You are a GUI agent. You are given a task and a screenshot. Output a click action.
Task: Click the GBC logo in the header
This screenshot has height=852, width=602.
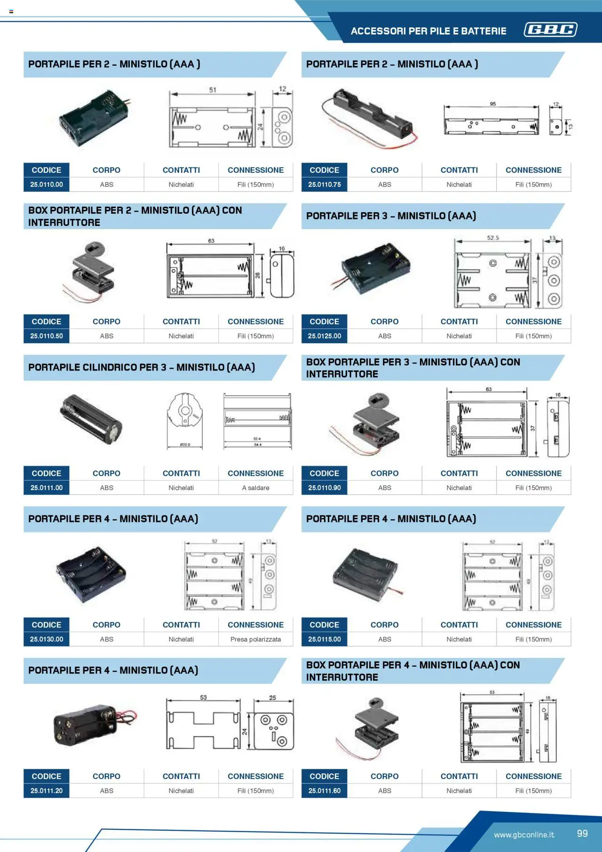551,30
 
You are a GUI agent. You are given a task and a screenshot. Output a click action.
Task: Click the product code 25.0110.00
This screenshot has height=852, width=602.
47,185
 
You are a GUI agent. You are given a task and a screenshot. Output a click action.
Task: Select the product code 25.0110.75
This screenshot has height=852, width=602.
325,185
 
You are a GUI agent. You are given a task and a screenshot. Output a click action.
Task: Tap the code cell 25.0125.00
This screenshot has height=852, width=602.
325,336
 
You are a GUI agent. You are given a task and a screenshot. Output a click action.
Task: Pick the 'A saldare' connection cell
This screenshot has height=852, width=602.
255,488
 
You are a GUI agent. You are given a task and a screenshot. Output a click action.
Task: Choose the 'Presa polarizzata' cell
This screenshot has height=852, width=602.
255,639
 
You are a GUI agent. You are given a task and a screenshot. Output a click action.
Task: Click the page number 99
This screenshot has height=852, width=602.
582,833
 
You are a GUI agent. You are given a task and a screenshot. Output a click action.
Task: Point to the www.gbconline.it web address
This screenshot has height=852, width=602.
524,835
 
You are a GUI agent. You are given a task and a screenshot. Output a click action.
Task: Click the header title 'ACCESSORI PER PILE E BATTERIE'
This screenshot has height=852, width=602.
428,31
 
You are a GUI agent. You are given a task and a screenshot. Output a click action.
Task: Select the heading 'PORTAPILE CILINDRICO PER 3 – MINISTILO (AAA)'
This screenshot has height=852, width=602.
142,367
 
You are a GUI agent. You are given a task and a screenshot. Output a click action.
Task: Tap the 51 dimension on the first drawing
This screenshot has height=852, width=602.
213,89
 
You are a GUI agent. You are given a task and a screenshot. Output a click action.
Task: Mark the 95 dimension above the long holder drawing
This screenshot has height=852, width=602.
492,104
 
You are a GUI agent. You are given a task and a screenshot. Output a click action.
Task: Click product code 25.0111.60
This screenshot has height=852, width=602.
325,791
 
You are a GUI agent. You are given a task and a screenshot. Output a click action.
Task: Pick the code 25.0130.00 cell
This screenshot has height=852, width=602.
47,639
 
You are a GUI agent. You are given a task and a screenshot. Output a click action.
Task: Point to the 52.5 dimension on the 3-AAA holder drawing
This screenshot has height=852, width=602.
493,238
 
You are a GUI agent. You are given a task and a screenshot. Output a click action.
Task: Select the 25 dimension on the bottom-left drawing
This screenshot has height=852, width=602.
273,698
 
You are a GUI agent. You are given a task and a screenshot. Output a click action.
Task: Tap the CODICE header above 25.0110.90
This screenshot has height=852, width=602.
325,473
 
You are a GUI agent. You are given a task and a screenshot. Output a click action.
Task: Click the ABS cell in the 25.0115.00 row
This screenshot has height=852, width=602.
385,639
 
